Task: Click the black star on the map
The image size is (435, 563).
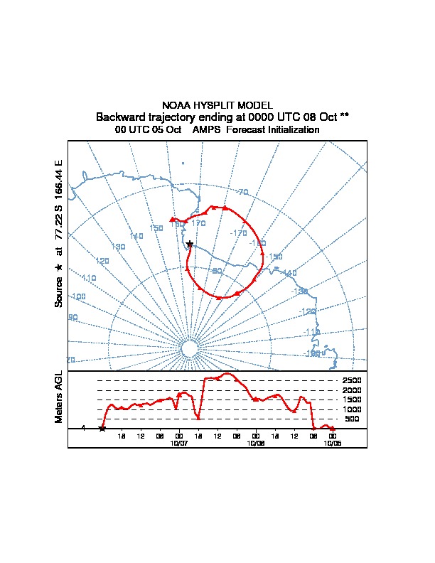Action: [189, 244]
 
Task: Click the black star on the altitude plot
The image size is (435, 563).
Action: [102, 428]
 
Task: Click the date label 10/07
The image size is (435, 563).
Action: [179, 442]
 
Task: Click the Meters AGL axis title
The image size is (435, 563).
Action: [59, 397]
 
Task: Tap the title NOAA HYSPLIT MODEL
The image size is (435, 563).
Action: [217, 105]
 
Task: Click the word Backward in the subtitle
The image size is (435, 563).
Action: [121, 117]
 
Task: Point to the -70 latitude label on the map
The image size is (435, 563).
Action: [242, 192]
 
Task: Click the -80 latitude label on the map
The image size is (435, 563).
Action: [217, 271]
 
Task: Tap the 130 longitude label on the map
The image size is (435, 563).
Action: [119, 246]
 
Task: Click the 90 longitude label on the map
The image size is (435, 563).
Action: [72, 317]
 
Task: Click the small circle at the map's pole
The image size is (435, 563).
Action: [189, 348]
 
